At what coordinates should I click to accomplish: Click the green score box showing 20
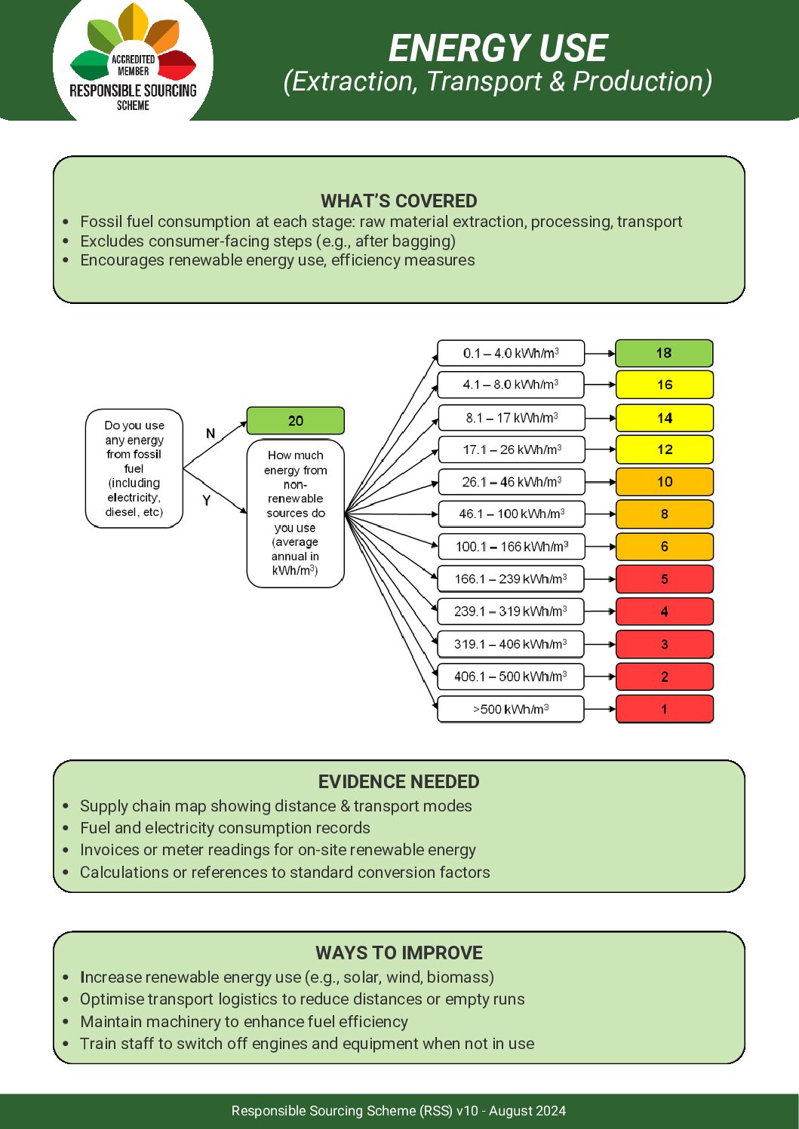295,421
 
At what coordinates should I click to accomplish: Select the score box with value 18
664,353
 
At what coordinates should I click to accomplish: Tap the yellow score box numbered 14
664,418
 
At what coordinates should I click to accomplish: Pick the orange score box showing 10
664,482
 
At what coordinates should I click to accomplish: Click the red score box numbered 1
664,709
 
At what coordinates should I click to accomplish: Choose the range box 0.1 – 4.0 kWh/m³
511,353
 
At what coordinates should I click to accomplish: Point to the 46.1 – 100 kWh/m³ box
511,514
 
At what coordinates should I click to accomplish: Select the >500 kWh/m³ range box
511,709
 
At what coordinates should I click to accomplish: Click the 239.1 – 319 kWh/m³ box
511,612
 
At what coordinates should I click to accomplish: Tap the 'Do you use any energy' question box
134,468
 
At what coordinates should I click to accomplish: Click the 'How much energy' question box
295,513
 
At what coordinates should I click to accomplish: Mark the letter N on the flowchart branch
211,434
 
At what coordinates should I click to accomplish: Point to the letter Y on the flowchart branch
206,500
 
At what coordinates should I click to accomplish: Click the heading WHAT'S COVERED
398,201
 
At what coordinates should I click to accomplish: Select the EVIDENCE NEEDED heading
398,781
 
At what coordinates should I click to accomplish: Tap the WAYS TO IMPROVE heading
398,953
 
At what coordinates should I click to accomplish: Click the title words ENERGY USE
497,49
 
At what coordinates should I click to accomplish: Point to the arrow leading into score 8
601,514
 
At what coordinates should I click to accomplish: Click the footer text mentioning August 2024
398,1111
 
